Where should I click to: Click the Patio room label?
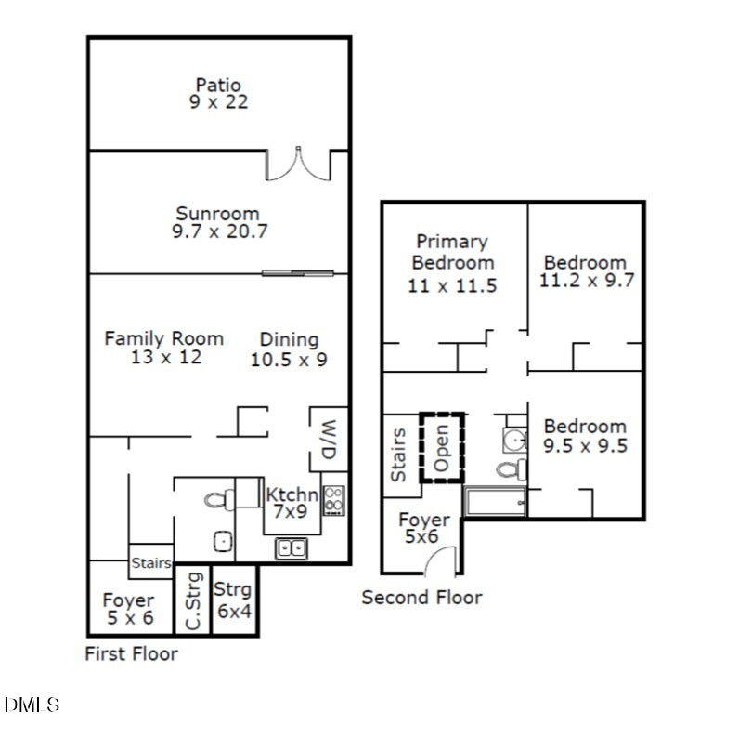click(218, 94)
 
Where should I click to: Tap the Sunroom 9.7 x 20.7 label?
click(219, 223)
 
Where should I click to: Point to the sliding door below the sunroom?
click(297, 272)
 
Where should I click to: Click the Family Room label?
click(163, 348)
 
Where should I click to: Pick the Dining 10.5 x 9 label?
click(289, 349)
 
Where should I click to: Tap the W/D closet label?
click(329, 440)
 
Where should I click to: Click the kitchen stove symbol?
click(334, 500)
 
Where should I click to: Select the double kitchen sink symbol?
click(292, 549)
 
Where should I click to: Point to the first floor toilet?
click(216, 500)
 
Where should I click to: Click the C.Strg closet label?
click(193, 602)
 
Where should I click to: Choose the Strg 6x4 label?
click(232, 600)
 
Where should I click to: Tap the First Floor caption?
click(131, 653)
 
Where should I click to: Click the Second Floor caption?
click(421, 597)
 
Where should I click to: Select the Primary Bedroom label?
click(452, 263)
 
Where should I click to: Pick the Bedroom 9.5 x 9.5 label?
click(585, 435)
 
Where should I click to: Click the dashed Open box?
click(442, 447)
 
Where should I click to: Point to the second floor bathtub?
click(495, 503)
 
